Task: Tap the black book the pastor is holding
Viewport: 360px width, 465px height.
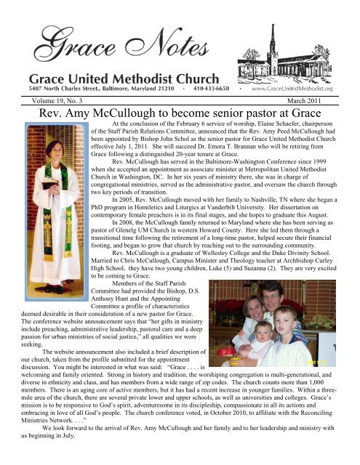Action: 35,164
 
